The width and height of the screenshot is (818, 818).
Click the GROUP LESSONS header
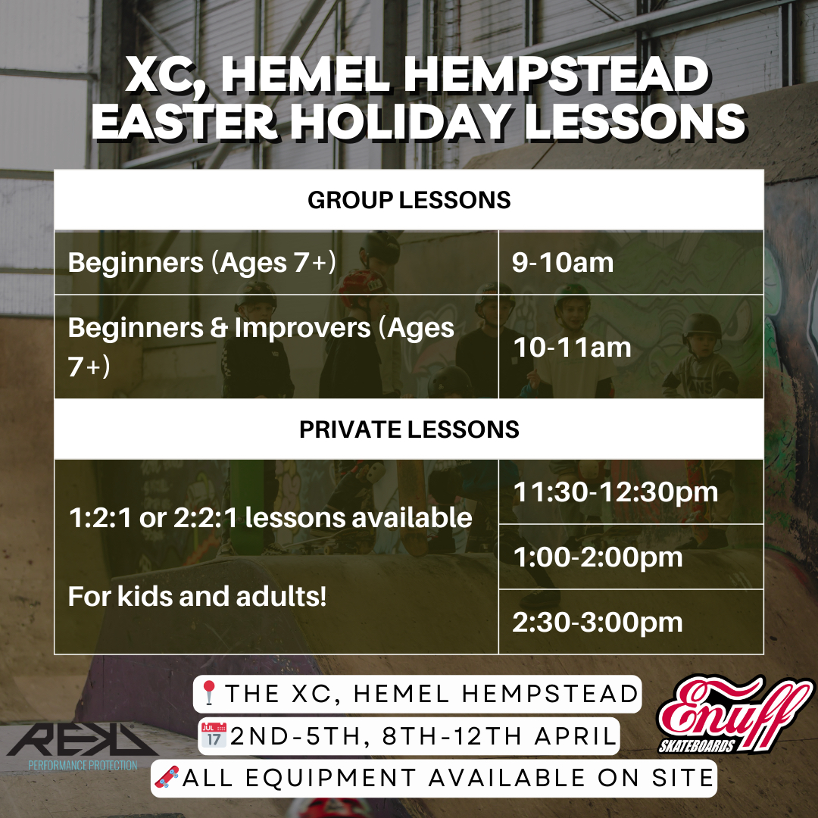(x=409, y=200)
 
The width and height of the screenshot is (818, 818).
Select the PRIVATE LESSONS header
(x=409, y=429)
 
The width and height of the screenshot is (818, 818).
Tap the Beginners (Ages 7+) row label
(x=201, y=263)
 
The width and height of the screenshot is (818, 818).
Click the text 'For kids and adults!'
(x=197, y=597)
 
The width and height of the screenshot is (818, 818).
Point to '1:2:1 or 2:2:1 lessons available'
(x=270, y=518)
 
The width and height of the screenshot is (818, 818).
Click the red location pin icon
(x=210, y=694)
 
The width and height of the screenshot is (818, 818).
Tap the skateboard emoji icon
(x=165, y=778)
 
